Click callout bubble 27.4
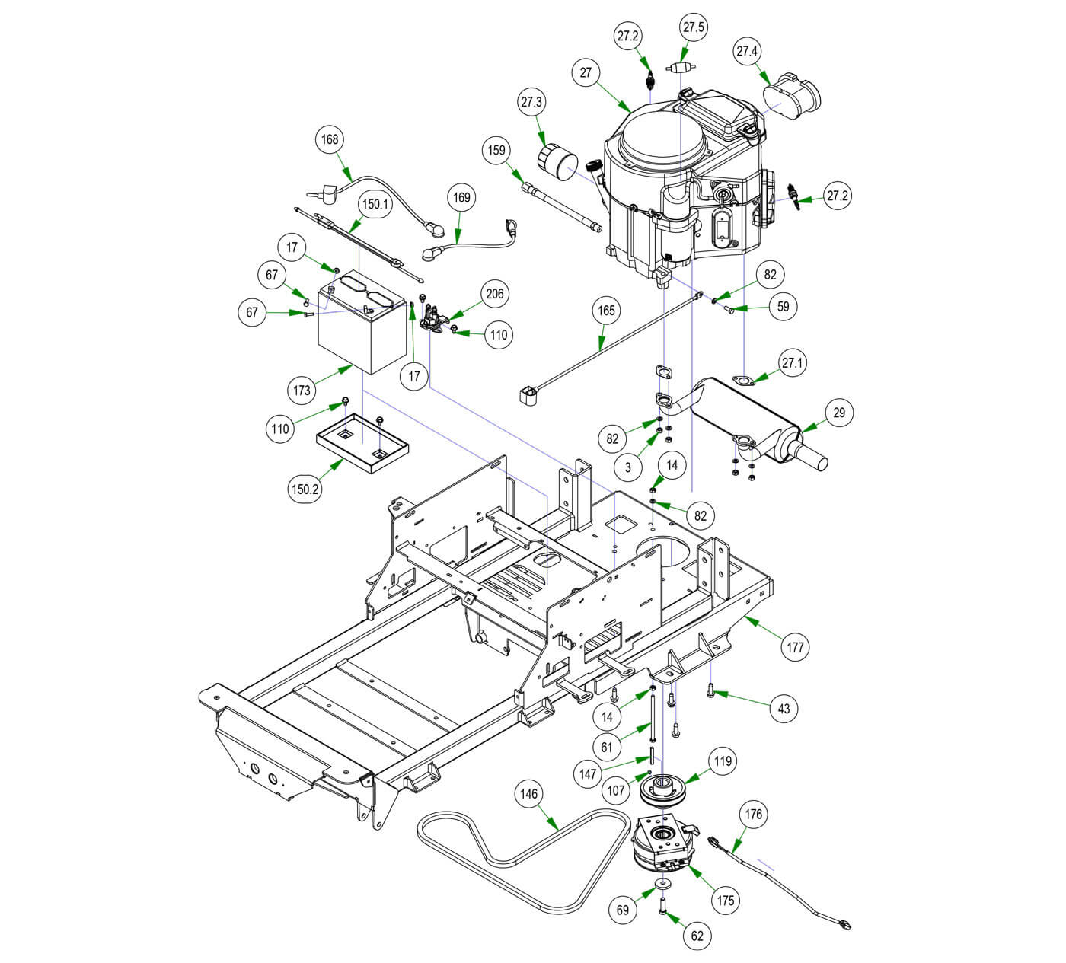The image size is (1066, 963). click(x=747, y=53)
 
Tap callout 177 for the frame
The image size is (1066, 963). click(x=796, y=647)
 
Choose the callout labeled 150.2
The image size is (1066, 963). click(x=305, y=489)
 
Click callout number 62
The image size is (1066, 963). click(x=697, y=936)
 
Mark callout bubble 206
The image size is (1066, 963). click(x=496, y=294)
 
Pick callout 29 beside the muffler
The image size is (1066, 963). click(x=839, y=413)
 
